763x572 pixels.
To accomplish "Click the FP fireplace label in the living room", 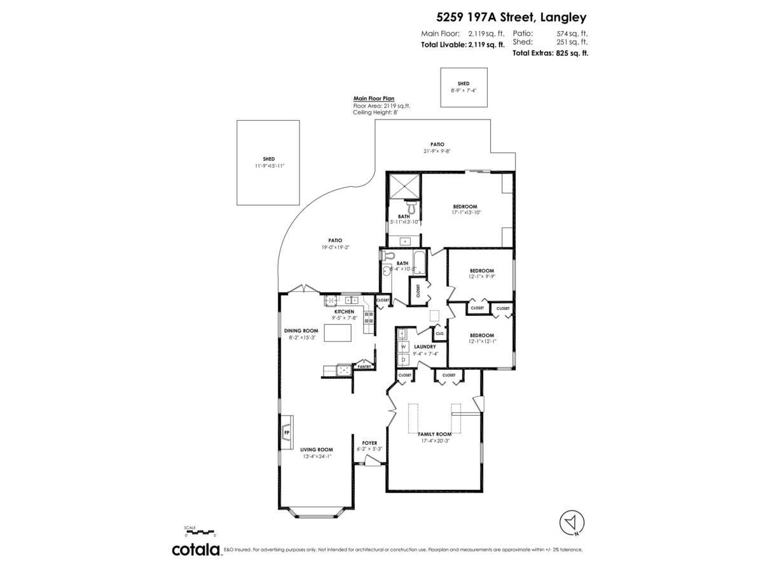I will click(286, 433).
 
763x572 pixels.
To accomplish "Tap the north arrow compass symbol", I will click(572, 522).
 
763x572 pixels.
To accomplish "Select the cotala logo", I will click(196, 550).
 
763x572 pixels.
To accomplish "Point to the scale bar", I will click(200, 531).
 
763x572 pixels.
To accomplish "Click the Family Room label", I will click(434, 434).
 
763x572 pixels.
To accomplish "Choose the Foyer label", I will click(369, 443).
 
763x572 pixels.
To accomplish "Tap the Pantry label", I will click(364, 367).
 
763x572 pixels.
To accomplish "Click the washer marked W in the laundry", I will click(403, 346).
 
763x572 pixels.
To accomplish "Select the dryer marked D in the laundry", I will click(403, 359).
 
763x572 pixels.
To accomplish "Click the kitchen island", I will click(338, 332).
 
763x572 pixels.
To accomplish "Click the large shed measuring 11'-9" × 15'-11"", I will click(268, 163).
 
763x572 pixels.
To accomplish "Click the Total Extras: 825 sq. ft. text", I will click(550, 53).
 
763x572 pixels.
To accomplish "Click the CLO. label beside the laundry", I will click(439, 333).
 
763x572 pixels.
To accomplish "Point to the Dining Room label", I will click(301, 330).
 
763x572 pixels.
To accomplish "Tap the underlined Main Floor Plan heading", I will click(374, 99).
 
